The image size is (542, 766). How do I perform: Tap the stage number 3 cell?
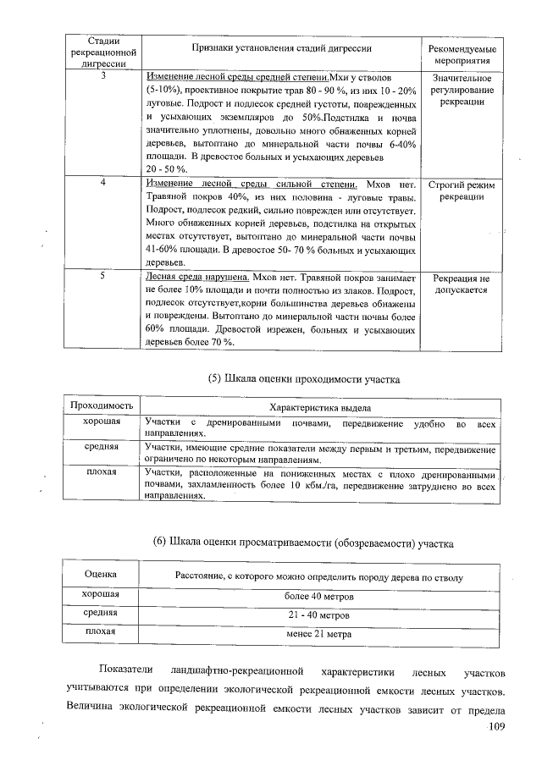coord(102,77)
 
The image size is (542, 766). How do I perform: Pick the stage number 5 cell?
coord(102,277)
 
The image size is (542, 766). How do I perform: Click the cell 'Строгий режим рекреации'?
coord(462,190)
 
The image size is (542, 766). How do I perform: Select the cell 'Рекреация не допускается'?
coord(462,284)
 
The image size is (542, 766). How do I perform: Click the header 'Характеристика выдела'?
coord(320,407)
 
